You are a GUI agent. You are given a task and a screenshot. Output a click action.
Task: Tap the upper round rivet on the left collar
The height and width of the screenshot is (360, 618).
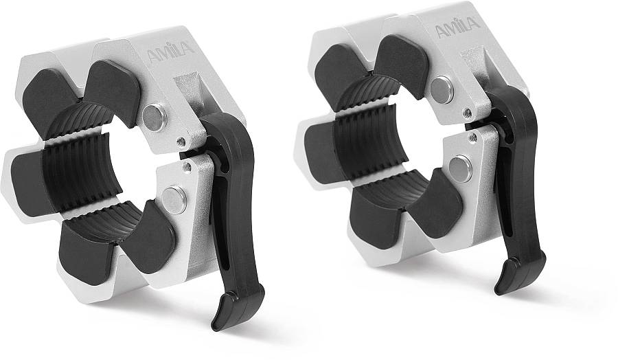(154, 117)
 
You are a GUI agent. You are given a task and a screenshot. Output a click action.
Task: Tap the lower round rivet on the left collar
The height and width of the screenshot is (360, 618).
(174, 199)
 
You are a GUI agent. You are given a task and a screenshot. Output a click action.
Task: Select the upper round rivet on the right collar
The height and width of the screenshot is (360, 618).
(442, 89)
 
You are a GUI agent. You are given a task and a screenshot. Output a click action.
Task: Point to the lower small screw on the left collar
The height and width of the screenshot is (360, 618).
(187, 167)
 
